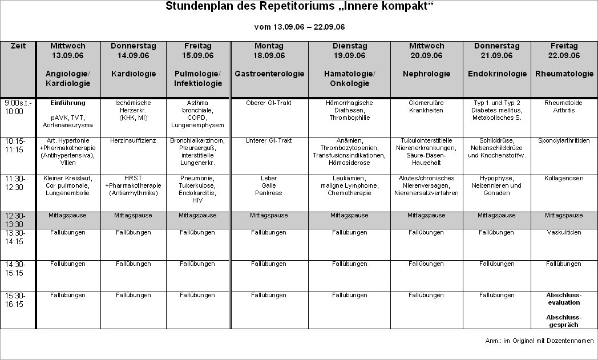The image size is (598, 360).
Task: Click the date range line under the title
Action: [x=299, y=27]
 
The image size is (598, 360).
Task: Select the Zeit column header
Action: [x=18, y=46]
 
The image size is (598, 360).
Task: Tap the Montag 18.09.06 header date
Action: [x=268, y=55]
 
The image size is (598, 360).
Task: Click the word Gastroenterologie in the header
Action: [x=269, y=74]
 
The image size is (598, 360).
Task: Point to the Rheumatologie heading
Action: [x=564, y=74]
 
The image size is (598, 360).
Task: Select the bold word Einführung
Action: [x=68, y=103]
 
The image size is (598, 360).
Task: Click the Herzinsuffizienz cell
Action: [x=133, y=140]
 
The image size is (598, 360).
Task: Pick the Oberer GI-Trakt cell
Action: [x=268, y=103]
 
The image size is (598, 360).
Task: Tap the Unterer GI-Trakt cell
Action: [x=268, y=140]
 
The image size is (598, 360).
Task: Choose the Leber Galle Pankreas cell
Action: [x=268, y=185]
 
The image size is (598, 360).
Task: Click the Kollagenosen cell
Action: [x=564, y=178]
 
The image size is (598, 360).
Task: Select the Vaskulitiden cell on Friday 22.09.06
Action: [x=564, y=233]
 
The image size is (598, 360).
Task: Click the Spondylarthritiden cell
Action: [x=564, y=140]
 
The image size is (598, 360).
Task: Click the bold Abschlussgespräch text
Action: [x=564, y=321]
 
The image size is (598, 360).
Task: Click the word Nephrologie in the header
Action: [x=426, y=74]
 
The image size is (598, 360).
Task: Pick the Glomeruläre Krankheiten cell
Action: [x=426, y=107]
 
